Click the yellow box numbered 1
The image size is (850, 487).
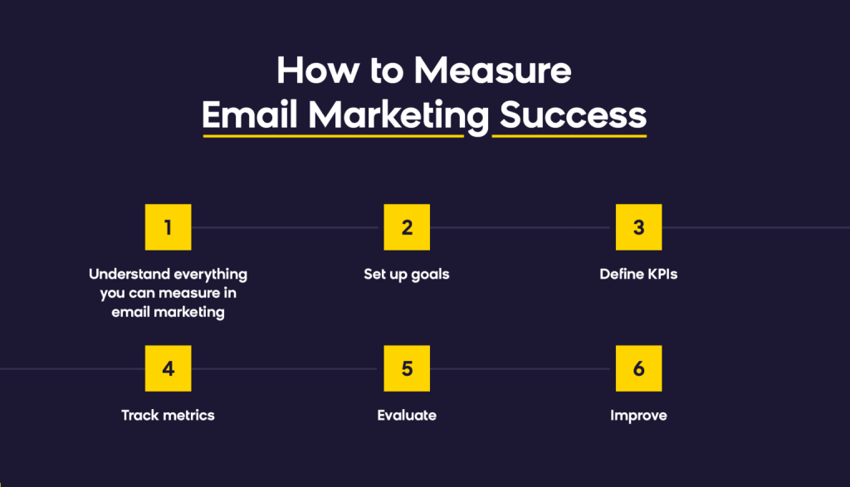pos(168,226)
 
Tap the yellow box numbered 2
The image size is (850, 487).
pos(407,226)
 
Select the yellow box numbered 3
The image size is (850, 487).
pos(638,226)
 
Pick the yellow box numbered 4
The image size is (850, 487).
pos(168,368)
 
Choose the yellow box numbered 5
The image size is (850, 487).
pos(407,368)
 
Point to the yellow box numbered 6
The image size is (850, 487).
pos(638,368)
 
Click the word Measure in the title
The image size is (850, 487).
pos(493,71)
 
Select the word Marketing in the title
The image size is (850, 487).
pos(394,116)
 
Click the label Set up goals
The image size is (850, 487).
pos(407,274)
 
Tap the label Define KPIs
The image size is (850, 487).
pos(638,274)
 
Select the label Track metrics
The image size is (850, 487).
pos(168,415)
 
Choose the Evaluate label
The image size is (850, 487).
pos(407,415)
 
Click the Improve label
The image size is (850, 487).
pos(638,415)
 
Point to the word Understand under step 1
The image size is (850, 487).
pos(131,274)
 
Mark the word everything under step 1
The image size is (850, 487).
pos(211,274)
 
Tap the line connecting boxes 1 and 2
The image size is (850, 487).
pos(287,227)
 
